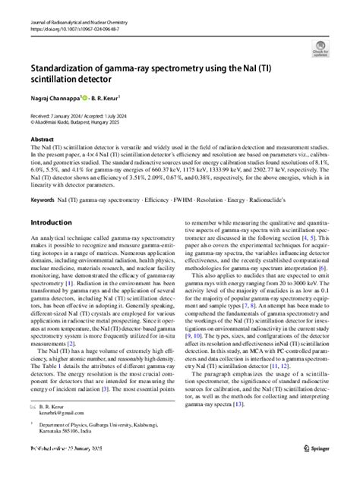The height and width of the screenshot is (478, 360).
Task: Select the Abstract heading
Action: click(43, 140)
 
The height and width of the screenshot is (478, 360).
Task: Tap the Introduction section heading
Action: click(56, 222)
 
